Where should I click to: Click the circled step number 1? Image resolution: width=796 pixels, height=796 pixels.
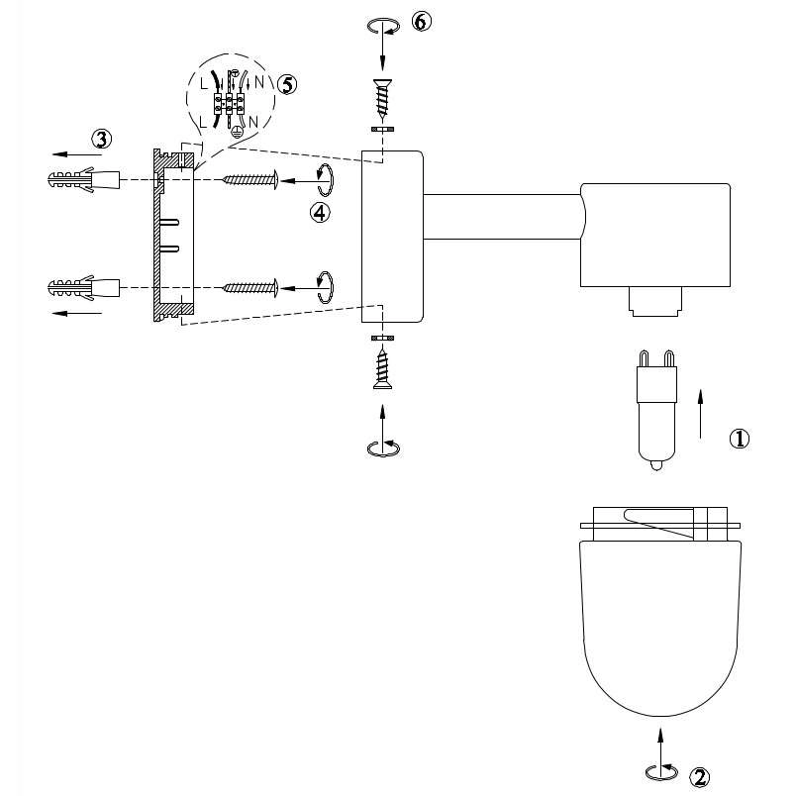tap(739, 438)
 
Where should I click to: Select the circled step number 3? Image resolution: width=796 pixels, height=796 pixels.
tap(102, 139)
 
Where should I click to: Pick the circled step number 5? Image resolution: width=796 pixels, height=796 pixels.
tap(287, 84)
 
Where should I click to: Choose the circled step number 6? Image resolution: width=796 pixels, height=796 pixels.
tap(421, 23)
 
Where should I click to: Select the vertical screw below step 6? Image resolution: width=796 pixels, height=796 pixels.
tap(382, 99)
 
